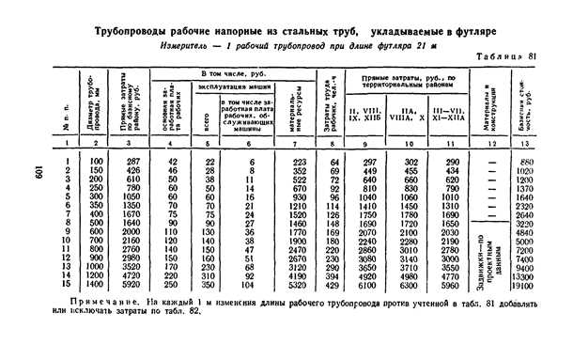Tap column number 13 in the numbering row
tap(527, 142)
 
